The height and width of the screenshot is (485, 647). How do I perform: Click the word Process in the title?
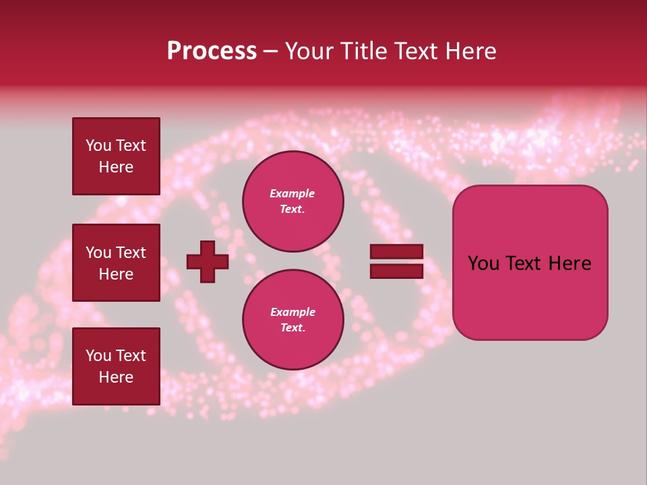click(212, 51)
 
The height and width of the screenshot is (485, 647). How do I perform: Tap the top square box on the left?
click(116, 156)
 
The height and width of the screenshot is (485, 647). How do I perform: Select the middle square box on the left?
click(116, 263)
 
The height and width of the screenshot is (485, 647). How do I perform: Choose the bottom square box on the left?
click(116, 366)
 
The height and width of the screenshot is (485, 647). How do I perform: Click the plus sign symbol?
click(208, 261)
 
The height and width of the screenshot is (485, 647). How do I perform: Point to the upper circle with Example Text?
click(292, 201)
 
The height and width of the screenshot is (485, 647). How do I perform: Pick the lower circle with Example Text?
click(292, 320)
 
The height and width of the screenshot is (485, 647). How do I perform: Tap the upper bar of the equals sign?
click(396, 252)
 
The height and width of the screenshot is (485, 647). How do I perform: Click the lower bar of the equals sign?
click(396, 271)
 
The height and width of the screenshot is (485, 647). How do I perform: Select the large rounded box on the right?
click(530, 263)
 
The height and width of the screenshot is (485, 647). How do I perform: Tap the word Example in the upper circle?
click(292, 193)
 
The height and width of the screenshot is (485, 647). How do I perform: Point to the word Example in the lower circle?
click(292, 312)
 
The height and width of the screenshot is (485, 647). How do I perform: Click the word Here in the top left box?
click(116, 167)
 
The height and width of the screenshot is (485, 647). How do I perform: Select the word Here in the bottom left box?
click(116, 377)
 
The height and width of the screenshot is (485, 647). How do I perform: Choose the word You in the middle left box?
click(98, 253)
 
